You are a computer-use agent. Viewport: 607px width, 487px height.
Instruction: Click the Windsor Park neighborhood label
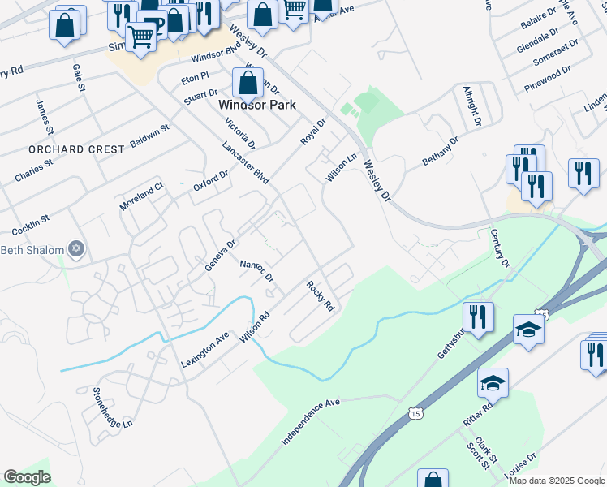point(257,105)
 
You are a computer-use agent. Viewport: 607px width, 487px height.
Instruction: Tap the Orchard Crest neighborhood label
point(76,149)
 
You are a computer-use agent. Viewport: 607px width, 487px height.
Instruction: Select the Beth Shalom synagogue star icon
point(76,249)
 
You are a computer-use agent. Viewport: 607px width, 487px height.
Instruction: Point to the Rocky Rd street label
point(321,296)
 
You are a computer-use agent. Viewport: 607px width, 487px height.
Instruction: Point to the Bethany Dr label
point(440,152)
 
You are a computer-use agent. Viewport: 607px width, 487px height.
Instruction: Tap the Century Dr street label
point(499,249)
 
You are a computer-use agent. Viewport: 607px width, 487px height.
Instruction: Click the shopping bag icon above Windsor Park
point(248,82)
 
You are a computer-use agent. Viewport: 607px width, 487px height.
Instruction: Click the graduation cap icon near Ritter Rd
point(492,382)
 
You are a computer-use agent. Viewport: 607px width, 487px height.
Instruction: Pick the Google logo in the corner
point(27,477)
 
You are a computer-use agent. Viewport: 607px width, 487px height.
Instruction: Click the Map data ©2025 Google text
point(557,481)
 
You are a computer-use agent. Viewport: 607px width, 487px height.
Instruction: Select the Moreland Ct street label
point(141,196)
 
